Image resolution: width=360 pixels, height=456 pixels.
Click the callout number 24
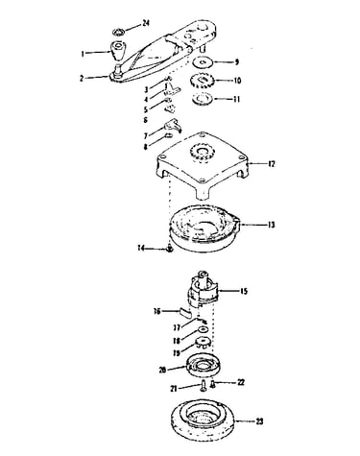click(146, 23)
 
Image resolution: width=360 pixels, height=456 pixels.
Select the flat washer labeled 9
click(203, 61)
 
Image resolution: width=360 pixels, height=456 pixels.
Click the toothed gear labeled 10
click(202, 81)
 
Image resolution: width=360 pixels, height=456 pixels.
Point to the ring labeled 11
click(203, 99)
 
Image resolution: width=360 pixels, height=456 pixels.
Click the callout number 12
click(271, 164)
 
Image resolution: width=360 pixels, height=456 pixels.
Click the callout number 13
click(271, 225)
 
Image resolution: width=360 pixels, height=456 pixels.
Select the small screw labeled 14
click(170, 249)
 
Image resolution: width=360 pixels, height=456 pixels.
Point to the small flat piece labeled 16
click(184, 311)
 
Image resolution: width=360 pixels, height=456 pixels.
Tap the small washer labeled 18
click(204, 329)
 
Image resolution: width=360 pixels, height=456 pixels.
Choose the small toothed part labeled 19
click(203, 344)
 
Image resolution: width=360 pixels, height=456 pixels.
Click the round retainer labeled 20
click(204, 365)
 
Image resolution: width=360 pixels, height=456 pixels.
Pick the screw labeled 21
click(203, 385)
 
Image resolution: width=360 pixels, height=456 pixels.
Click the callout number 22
click(241, 382)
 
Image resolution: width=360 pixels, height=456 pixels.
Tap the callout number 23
click(259, 421)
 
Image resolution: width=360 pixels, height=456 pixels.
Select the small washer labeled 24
click(118, 32)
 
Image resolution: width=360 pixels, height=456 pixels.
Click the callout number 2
click(82, 78)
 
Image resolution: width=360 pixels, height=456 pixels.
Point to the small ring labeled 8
click(169, 137)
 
